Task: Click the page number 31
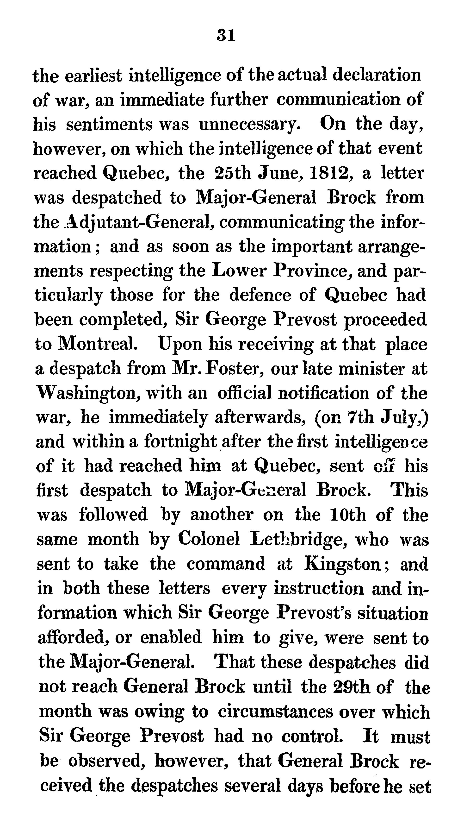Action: pyautogui.click(x=226, y=35)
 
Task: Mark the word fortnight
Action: pyautogui.click(x=181, y=442)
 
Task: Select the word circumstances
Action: pyautogui.click(x=275, y=711)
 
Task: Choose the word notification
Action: pyautogui.click(x=323, y=394)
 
